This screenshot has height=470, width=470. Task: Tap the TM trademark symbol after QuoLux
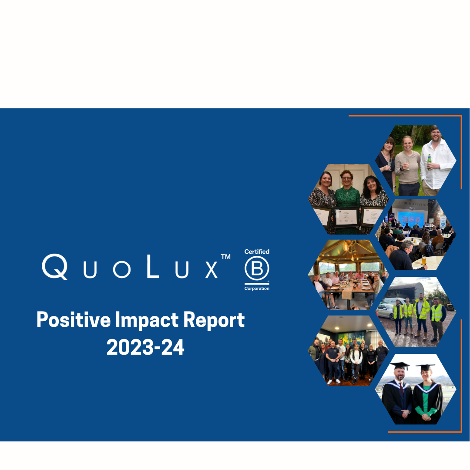tap(225, 257)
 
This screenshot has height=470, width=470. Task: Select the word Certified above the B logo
tap(257, 252)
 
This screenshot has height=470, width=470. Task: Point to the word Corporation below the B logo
tap(257, 289)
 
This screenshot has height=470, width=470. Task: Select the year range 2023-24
tap(145, 348)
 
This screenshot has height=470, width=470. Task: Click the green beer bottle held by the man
tap(429, 161)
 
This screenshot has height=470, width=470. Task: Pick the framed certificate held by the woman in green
tap(346, 216)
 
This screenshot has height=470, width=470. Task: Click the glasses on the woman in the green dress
tap(347, 178)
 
